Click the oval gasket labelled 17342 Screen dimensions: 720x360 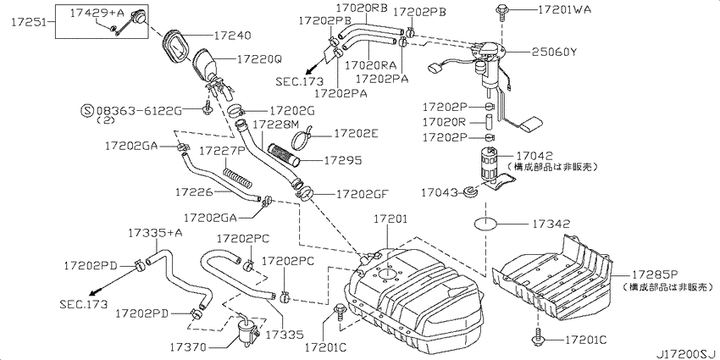pos(486,225)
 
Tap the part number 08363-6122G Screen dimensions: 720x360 pos(140,111)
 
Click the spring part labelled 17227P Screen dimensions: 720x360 pos(237,177)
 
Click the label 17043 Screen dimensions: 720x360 pos(440,193)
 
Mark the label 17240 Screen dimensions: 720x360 pos(232,36)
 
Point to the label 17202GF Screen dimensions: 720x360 pos(363,194)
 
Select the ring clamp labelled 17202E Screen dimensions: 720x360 pos(302,138)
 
